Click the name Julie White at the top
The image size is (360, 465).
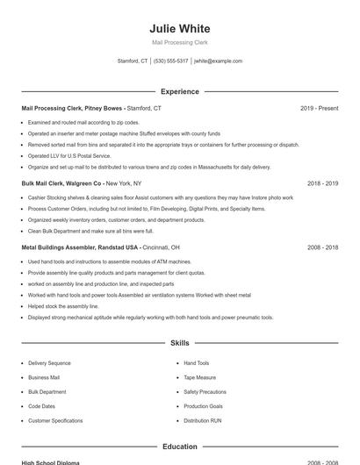180,28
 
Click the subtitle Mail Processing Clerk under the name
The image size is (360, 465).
180,42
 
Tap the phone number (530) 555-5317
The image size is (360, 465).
170,61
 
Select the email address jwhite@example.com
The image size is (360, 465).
218,61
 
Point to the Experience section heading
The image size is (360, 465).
180,91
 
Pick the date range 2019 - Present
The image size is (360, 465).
319,108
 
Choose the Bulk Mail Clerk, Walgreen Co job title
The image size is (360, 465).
62,183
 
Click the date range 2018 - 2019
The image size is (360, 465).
322,183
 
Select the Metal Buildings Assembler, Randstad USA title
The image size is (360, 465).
80,247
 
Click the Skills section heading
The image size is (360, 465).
180,343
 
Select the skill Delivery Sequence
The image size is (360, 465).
49,362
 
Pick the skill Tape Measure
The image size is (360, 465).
199,377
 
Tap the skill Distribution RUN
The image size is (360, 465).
203,420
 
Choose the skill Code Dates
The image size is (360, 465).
41,406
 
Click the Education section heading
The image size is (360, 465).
180,447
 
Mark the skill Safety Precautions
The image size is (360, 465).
205,391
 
